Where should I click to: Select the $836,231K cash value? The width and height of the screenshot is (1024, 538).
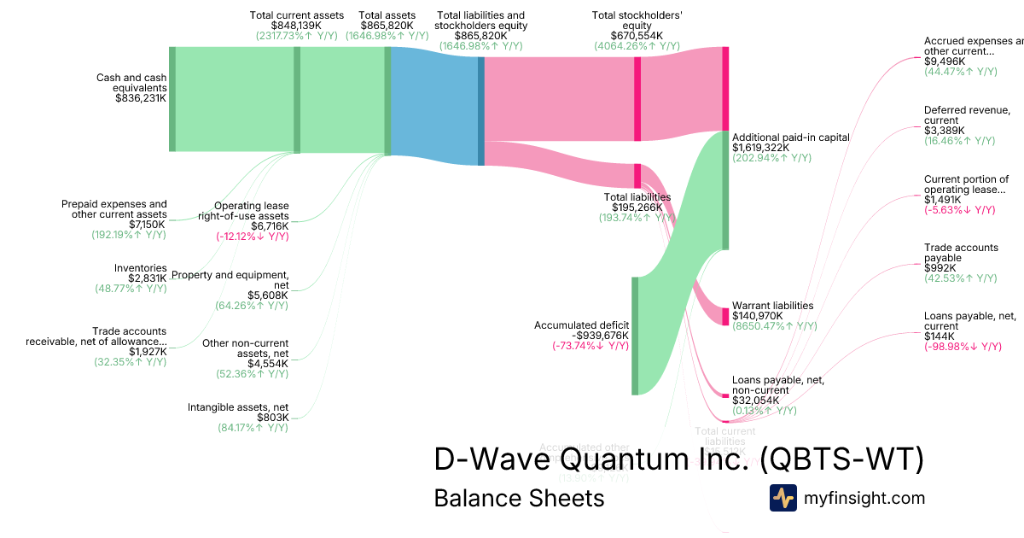tap(141, 98)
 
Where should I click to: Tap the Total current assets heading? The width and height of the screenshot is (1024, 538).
tap(297, 15)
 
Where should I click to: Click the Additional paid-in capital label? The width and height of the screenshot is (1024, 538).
tap(791, 137)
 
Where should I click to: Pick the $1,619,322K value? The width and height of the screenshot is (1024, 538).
tap(760, 147)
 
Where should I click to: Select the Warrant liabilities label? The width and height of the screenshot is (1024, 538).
tap(772, 305)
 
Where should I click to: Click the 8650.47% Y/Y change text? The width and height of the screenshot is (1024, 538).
tap(774, 325)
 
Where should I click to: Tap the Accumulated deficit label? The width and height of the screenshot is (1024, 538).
tap(581, 325)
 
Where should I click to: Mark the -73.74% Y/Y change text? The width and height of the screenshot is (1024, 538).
tap(591, 346)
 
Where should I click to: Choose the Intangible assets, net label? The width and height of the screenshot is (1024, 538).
tap(238, 407)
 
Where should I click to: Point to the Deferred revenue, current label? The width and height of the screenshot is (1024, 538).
tap(967, 115)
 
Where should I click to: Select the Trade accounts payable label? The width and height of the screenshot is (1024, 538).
tap(961, 252)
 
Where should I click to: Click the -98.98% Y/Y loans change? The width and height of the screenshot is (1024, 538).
tap(963, 346)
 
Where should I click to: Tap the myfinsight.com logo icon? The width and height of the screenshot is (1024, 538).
tap(783, 498)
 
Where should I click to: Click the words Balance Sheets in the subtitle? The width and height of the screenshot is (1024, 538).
tap(519, 498)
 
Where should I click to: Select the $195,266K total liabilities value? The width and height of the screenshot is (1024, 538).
tap(637, 208)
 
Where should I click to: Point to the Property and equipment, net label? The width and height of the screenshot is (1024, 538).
tap(230, 280)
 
